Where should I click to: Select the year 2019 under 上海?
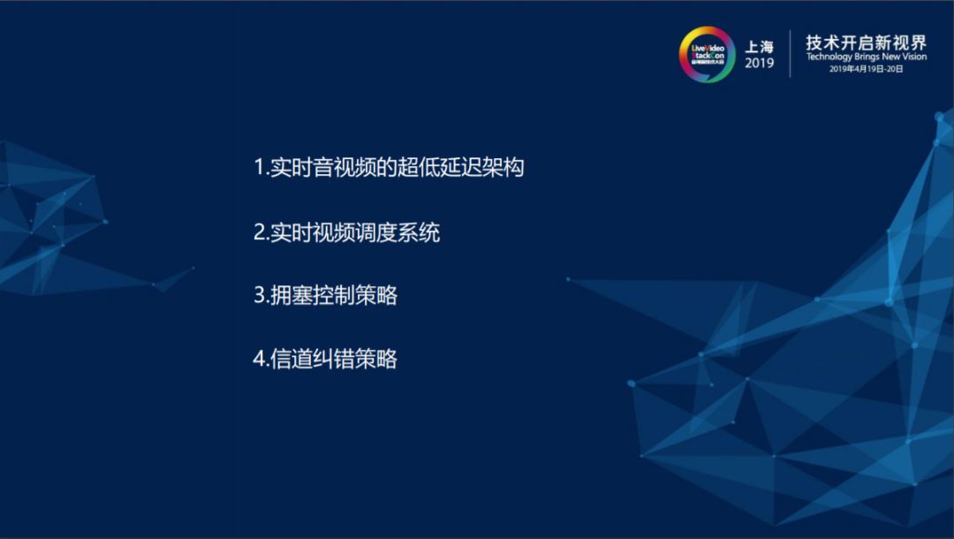(x=759, y=64)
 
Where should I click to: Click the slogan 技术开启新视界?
(x=866, y=42)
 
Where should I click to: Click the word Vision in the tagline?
(x=912, y=57)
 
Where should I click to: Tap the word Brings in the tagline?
(x=871, y=57)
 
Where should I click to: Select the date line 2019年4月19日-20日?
(x=866, y=68)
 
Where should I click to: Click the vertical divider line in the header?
(x=790, y=54)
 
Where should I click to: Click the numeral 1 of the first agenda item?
(x=259, y=167)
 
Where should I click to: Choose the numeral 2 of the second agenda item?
(x=260, y=232)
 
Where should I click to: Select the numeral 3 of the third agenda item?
(x=260, y=296)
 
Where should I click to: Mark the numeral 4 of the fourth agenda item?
(x=260, y=359)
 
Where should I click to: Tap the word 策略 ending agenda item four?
(x=377, y=359)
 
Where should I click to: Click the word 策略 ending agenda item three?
(x=377, y=296)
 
